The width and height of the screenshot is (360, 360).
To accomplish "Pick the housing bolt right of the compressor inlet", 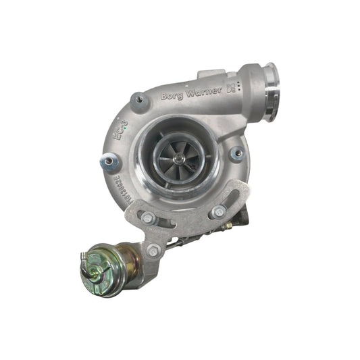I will pyautogui.click(x=236, y=154).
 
